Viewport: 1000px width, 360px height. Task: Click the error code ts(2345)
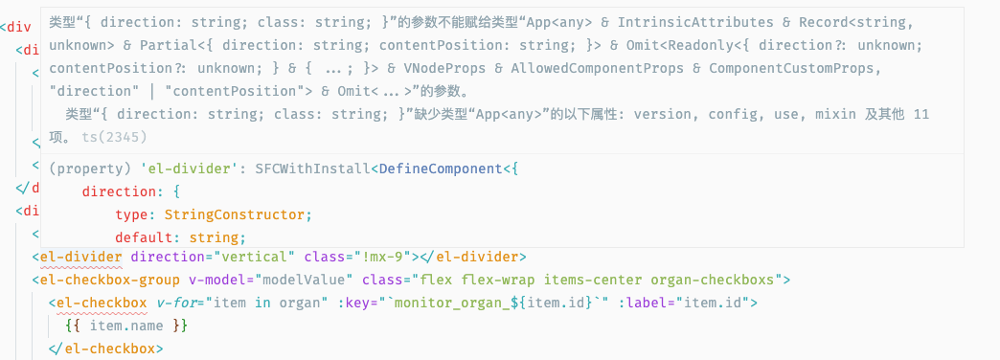102,137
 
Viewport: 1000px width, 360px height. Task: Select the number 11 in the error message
921,115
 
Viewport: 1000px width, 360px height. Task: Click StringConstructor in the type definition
235,214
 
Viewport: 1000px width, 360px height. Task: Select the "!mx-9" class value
380,257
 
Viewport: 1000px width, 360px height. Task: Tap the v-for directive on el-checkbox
178,303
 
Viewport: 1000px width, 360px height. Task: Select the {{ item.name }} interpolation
125,326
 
